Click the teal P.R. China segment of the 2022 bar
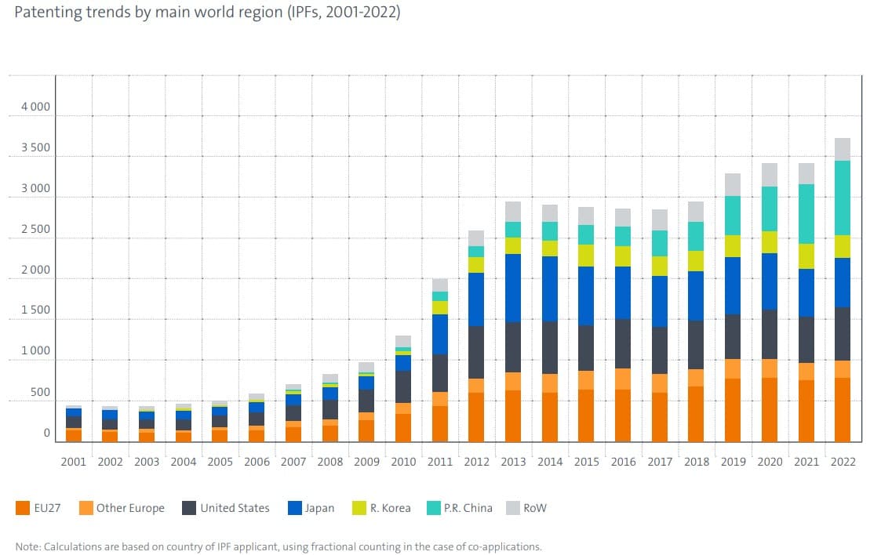(x=843, y=198)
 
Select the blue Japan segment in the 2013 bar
(x=513, y=288)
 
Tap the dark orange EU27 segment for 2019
(x=733, y=410)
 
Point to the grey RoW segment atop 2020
(x=770, y=175)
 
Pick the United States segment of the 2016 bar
(x=623, y=343)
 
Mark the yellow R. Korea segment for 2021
(x=806, y=256)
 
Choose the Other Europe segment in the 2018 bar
(x=696, y=378)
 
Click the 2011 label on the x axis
(x=439, y=462)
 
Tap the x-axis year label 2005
(x=220, y=462)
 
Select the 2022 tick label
(x=843, y=462)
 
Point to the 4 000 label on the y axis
(x=35, y=107)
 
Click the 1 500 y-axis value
(x=35, y=310)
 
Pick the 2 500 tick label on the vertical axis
(x=35, y=229)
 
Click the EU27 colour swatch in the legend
(x=23, y=508)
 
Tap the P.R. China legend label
(x=468, y=508)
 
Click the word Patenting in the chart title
(x=46, y=13)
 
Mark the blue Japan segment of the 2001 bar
(x=74, y=412)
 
